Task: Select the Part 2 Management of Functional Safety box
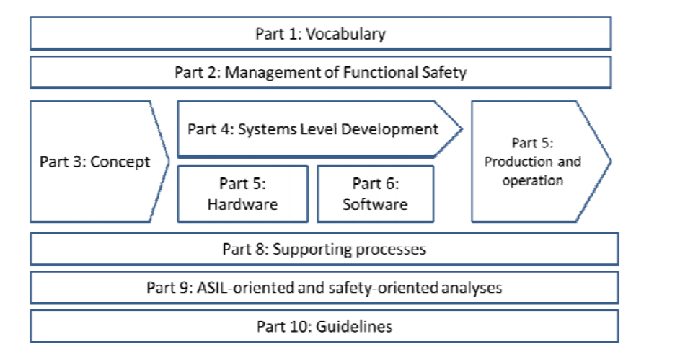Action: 320,72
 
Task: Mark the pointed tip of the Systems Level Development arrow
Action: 462,129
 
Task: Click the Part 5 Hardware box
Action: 242,193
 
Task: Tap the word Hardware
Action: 242,204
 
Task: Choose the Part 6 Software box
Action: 375,193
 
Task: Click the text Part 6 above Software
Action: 375,184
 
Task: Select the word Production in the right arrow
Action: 513,162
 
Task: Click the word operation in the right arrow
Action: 533,180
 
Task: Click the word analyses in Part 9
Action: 473,288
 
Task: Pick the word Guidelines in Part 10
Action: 353,326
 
